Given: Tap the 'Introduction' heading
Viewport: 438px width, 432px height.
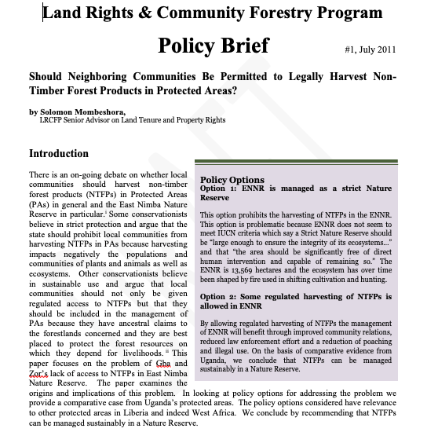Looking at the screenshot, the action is pyautogui.click(x=59, y=154).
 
